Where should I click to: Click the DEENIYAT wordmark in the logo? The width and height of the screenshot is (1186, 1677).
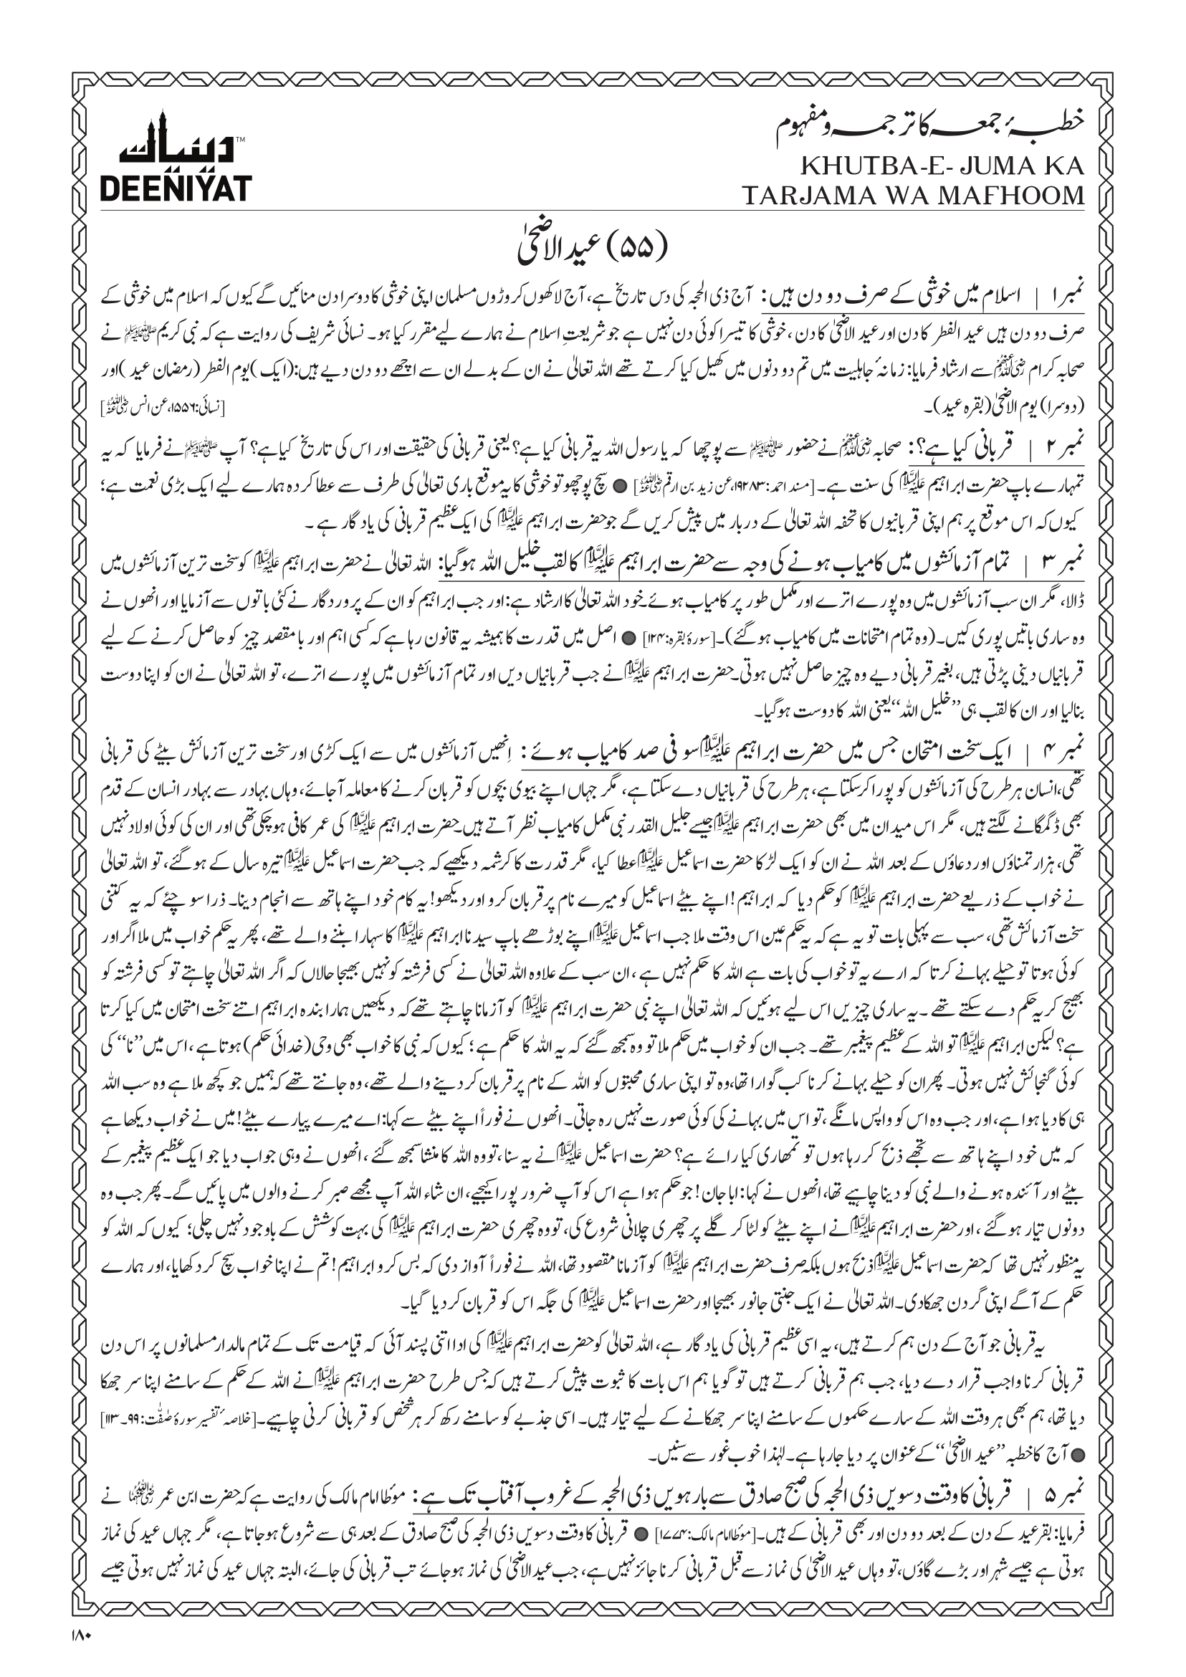(176, 188)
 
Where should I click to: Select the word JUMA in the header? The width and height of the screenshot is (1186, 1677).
(991, 166)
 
